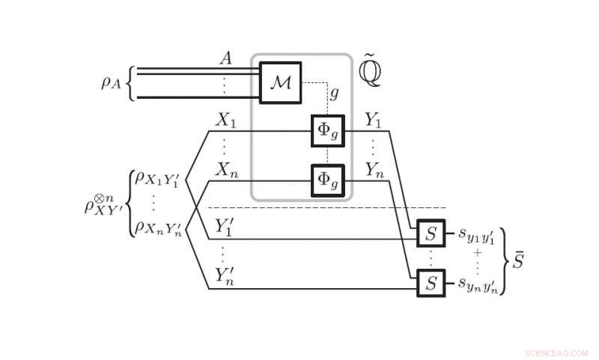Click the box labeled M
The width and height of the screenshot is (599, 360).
pyautogui.click(x=281, y=82)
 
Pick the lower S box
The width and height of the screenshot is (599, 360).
pyautogui.click(x=431, y=283)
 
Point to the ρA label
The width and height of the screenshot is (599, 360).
pyautogui.click(x=113, y=82)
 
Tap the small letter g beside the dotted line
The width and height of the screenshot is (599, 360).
pyautogui.click(x=334, y=94)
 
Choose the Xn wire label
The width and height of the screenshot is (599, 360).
pyautogui.click(x=226, y=169)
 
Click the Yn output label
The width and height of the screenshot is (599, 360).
pyautogui.click(x=375, y=170)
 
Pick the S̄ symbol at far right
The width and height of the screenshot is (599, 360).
pyautogui.click(x=518, y=261)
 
